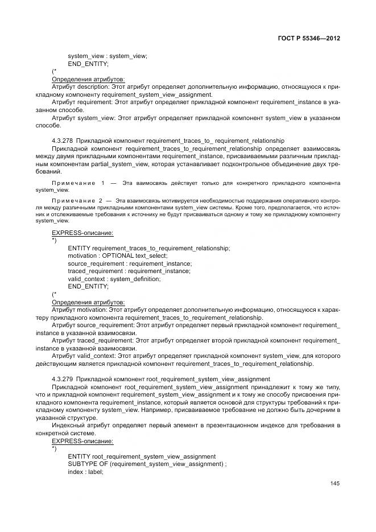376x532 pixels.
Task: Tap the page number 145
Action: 334,484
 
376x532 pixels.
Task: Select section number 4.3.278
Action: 62,140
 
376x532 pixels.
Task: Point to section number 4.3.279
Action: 62,378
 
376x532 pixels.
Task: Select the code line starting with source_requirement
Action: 130,263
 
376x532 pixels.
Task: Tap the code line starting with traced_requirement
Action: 129,271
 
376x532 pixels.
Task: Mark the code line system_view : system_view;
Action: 108,56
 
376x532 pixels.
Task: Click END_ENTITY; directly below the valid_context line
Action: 88,286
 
